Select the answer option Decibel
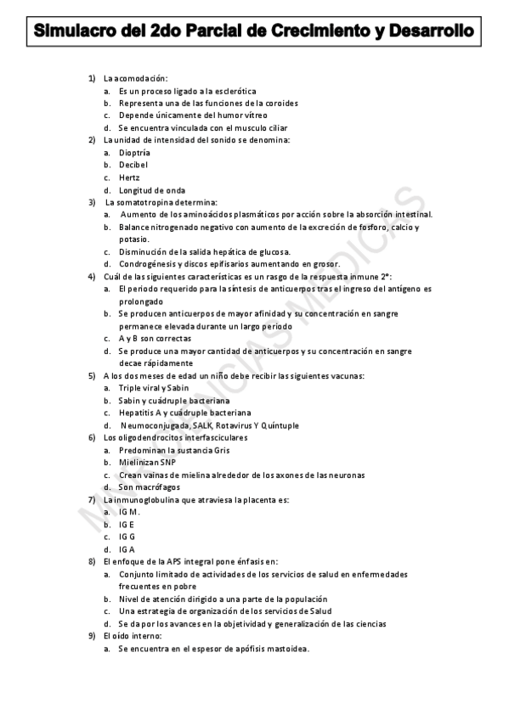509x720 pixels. (133, 165)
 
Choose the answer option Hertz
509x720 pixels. (129, 177)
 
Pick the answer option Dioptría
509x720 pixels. (135, 152)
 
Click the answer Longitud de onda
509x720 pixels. (152, 190)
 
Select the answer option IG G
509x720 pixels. (127, 537)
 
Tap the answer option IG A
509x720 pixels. (127, 549)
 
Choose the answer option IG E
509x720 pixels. (127, 525)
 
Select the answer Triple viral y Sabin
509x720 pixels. (155, 388)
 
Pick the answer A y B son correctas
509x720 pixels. (156, 338)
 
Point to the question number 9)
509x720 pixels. (93, 636)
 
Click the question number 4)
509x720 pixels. (93, 276)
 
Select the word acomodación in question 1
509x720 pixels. (141, 78)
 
